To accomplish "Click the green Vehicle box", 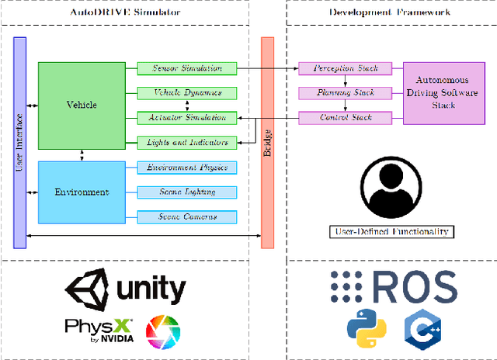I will click(x=82, y=105).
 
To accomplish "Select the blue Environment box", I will click(x=82, y=192).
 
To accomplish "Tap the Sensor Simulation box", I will click(x=186, y=68).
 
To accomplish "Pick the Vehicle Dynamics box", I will click(x=186, y=93).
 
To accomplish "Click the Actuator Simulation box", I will click(x=186, y=117).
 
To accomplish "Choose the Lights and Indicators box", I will click(x=186, y=142).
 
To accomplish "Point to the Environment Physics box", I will click(x=186, y=167).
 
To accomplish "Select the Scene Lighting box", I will click(x=186, y=192).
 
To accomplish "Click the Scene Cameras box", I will click(x=186, y=216).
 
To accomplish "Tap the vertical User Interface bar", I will click(x=20, y=141).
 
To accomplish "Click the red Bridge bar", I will click(x=267, y=141).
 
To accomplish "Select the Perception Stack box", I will click(x=346, y=68).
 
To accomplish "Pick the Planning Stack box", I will click(x=346, y=93).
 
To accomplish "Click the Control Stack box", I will click(x=346, y=118).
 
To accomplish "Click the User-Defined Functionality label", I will click(x=391, y=231).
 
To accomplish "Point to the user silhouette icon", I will click(x=391, y=192).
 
